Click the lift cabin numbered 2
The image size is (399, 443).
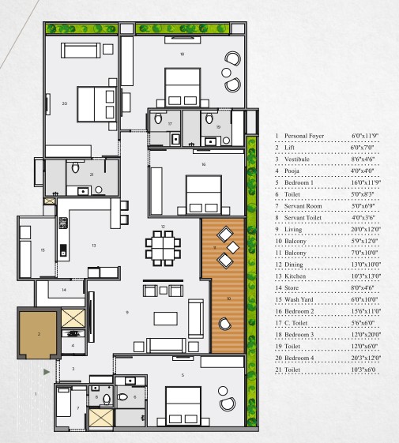coord(39,334)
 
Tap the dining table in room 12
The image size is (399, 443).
coord(163,248)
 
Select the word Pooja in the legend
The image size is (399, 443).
coord(292,171)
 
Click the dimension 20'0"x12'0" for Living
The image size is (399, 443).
coord(366,229)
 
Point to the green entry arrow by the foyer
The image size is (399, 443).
coord(47,372)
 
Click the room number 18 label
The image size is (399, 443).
coord(182,54)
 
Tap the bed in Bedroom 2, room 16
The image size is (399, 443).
coord(204,193)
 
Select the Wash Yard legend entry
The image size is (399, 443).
coord(299,299)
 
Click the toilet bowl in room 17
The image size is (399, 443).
coord(158,118)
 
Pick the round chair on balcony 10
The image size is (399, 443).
coord(225,324)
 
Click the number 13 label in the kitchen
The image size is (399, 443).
coord(94,246)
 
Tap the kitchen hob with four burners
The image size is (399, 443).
coord(63,223)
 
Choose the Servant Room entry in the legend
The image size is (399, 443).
coord(303,206)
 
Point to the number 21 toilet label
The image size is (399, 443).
coord(92,175)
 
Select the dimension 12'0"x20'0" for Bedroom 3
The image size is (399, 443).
coord(366,335)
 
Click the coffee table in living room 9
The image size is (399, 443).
coord(166,318)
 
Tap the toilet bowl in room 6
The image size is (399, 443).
coord(122,397)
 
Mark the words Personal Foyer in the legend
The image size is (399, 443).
coord(304,136)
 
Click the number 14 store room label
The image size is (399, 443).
coord(64,290)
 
